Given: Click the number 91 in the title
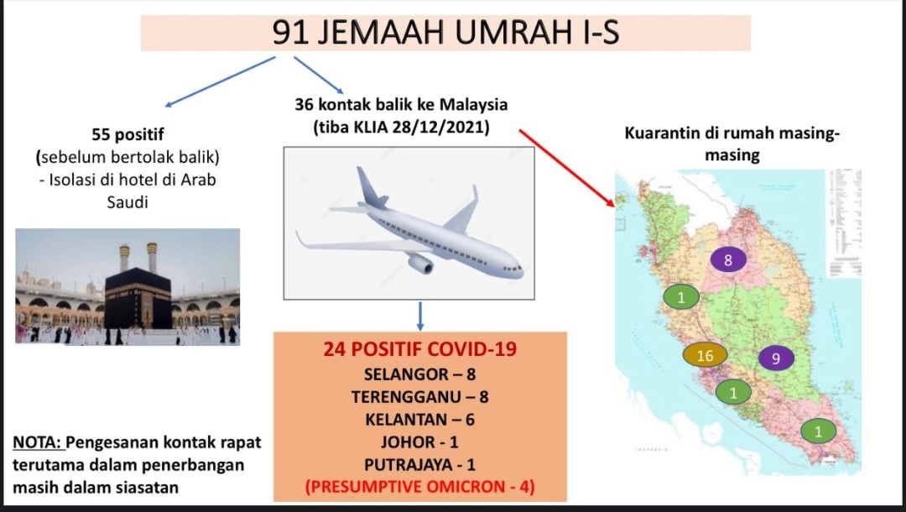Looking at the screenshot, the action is (289, 33).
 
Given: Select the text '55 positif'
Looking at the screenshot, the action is (128, 134).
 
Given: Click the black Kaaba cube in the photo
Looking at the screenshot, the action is (138, 298).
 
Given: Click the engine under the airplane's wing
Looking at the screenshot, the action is (420, 264).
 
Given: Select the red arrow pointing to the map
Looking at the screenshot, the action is (566, 168).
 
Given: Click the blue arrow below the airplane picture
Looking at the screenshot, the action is (420, 316).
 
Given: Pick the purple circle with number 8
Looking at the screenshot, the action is (728, 260).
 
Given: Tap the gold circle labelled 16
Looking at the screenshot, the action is (705, 355).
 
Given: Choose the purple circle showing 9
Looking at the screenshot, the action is (776, 358).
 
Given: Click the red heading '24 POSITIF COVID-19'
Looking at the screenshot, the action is (420, 349).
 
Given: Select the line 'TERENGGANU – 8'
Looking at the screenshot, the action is (420, 397).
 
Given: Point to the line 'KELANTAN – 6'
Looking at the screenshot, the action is (420, 420).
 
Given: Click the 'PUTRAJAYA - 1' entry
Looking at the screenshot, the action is (420, 465).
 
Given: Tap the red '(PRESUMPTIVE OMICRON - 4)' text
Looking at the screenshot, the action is (420, 487).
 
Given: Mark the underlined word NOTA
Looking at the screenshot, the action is (37, 442).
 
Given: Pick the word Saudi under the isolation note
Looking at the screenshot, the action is (128, 202).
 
